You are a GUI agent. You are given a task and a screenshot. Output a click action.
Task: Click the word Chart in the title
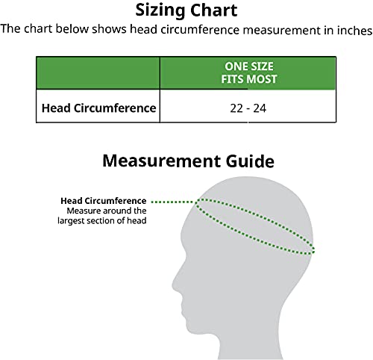pyautogui.click(x=214, y=10)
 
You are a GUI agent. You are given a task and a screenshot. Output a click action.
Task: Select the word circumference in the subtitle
pyautogui.click(x=200, y=30)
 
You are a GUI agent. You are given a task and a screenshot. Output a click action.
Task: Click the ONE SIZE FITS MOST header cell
pyautogui.click(x=248, y=73)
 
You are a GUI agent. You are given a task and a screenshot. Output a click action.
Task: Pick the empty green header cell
pyautogui.click(x=98, y=73)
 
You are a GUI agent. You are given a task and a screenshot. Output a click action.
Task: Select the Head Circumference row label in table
pyautogui.click(x=98, y=108)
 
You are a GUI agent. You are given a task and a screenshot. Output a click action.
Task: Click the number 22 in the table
pyautogui.click(x=236, y=108)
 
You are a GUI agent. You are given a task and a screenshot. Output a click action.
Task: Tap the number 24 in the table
pyautogui.click(x=260, y=108)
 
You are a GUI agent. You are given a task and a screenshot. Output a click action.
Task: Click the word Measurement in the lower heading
pyautogui.click(x=162, y=161)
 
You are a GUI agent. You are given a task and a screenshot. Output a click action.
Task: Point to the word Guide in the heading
pyautogui.click(x=250, y=161)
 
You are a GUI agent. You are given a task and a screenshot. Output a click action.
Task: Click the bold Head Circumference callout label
pyautogui.click(x=104, y=201)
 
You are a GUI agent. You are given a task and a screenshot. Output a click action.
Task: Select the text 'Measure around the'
pyautogui.click(x=107, y=211)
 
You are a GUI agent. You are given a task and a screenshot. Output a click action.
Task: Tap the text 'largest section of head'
pyautogui.click(x=102, y=221)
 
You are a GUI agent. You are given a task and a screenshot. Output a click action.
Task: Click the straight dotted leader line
pyautogui.click(x=173, y=202)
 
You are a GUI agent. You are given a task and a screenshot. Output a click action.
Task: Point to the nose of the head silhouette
pyautogui.click(x=174, y=286)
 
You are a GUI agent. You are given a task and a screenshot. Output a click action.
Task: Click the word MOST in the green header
pyautogui.click(x=262, y=79)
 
